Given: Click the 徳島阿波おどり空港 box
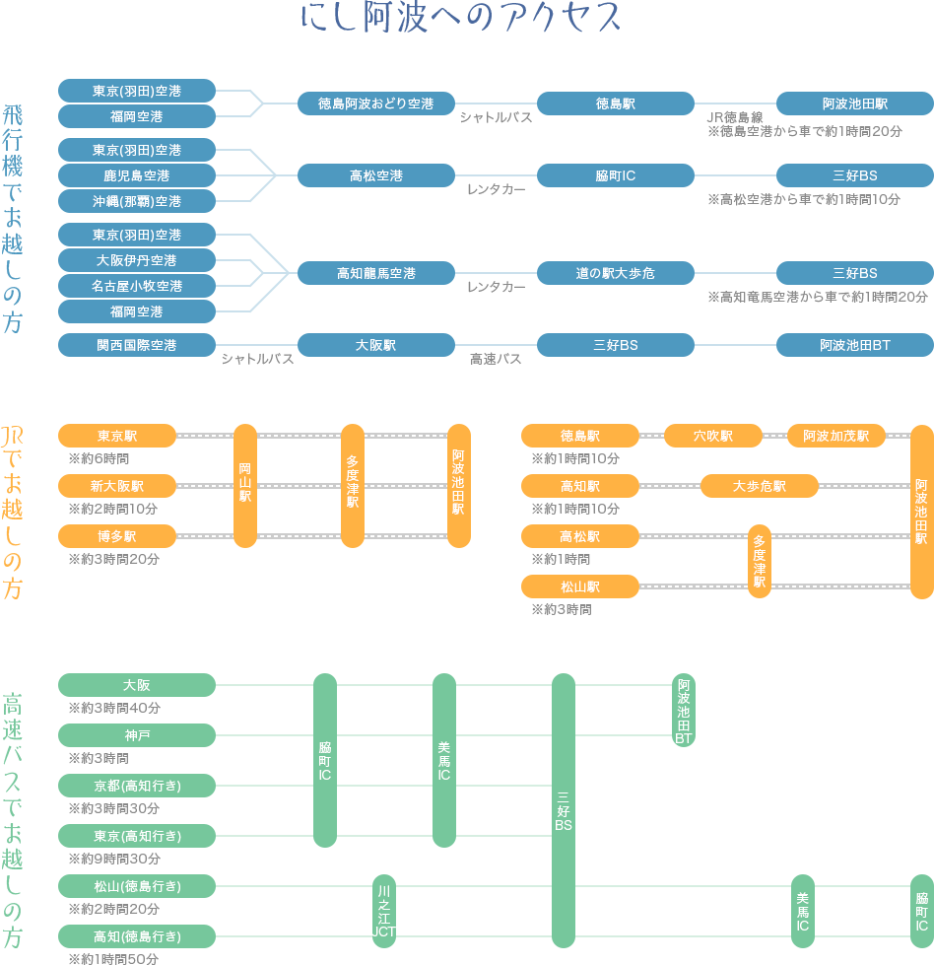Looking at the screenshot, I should click(375, 103).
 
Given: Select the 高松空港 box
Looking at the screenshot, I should click(375, 175).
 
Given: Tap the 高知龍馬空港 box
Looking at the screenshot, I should click(375, 273).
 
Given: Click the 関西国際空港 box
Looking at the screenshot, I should click(136, 345).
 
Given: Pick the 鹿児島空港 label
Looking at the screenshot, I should click(136, 175).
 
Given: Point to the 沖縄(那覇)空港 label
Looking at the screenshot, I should click(136, 201).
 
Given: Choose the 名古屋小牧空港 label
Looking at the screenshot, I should click(136, 286).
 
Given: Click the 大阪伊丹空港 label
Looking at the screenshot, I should click(136, 260).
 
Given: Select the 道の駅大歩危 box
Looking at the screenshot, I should click(615, 273).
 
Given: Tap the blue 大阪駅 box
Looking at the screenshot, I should click(375, 345).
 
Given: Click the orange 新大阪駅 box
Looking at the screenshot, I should click(117, 486).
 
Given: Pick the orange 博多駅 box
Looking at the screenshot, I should click(117, 536).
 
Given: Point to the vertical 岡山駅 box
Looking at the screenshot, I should click(245, 485).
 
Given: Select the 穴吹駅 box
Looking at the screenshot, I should click(712, 435).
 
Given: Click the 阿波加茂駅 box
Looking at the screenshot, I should click(835, 435).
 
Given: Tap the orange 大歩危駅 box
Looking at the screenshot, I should click(759, 486).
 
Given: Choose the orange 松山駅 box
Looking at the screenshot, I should click(579, 586).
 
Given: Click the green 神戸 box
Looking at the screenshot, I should click(136, 735).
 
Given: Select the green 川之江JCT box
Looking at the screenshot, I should click(383, 911).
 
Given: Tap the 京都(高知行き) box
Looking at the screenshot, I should click(136, 786).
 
